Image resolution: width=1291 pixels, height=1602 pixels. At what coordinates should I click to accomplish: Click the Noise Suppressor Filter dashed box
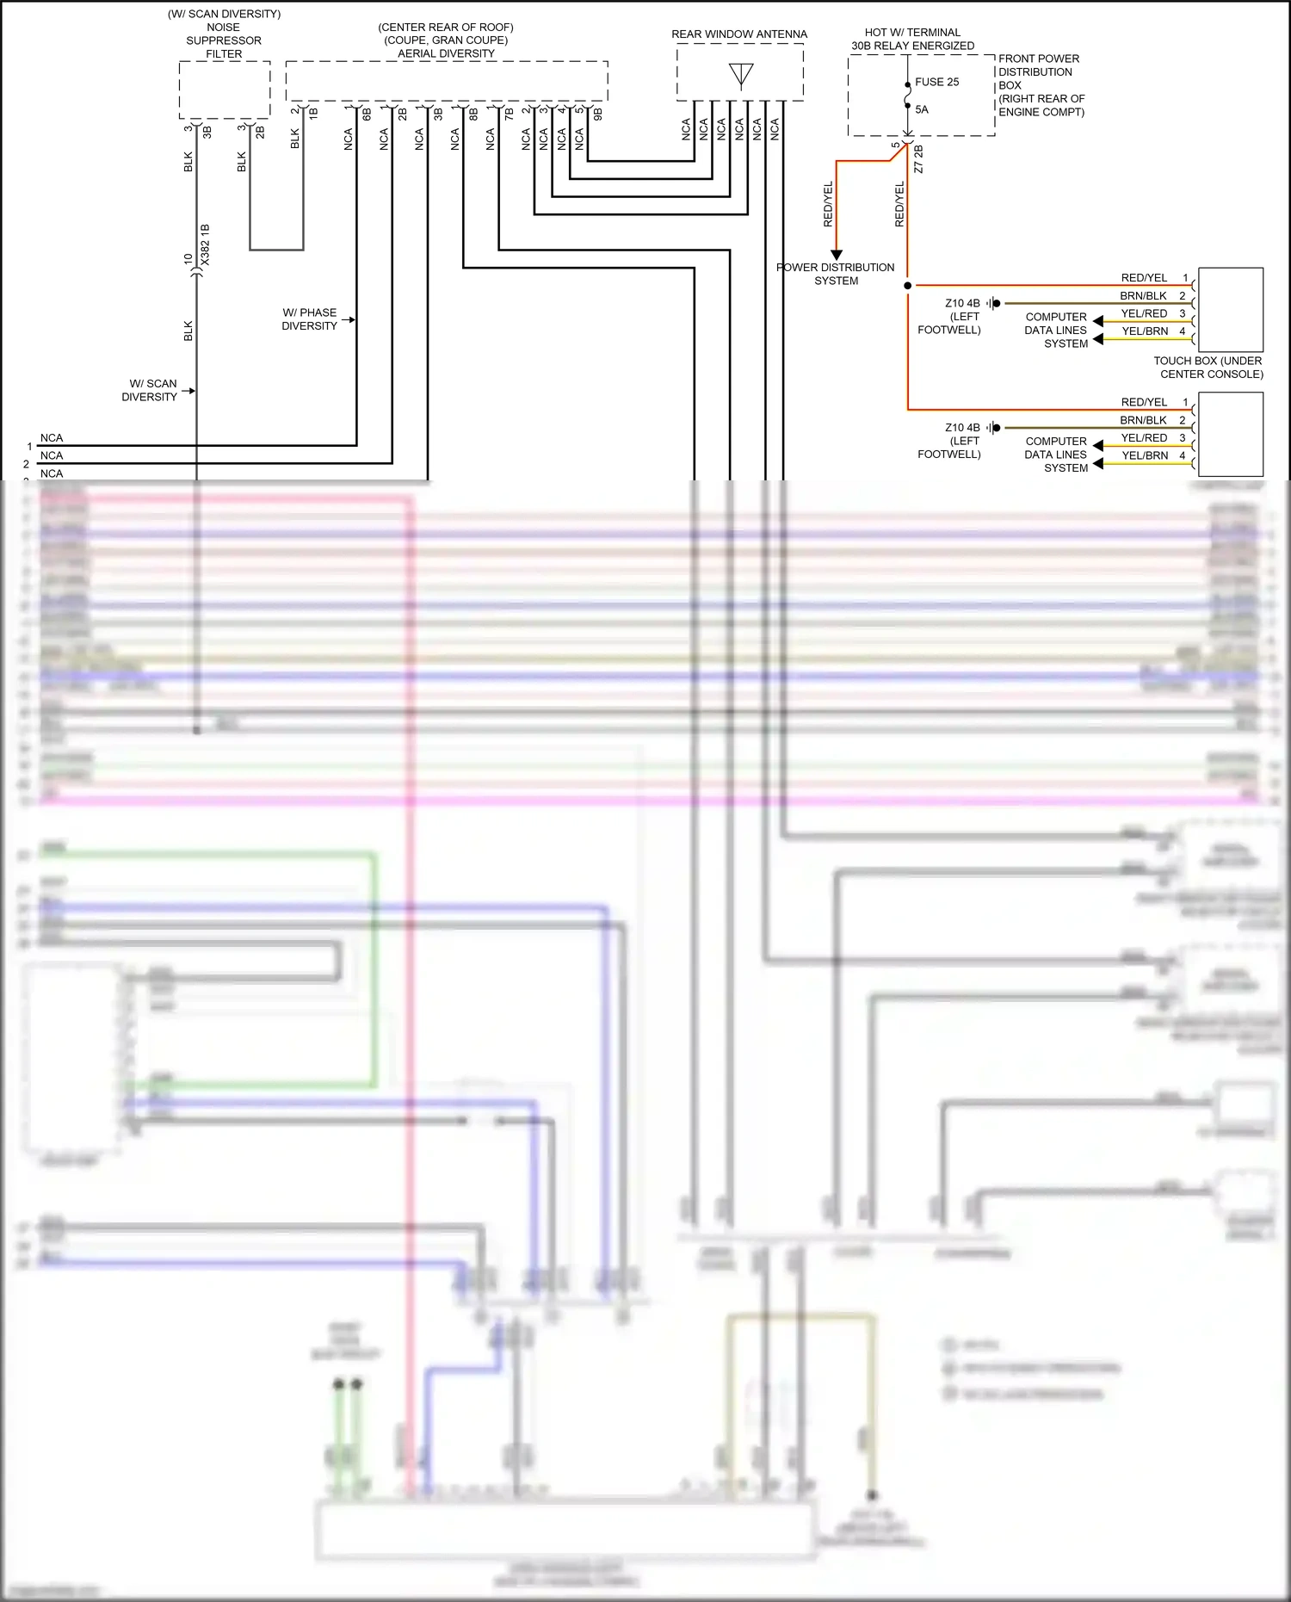click(x=224, y=90)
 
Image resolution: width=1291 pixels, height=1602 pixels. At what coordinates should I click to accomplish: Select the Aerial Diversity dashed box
click(x=446, y=81)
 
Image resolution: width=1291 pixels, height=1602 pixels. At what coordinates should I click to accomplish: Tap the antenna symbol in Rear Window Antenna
click(x=741, y=75)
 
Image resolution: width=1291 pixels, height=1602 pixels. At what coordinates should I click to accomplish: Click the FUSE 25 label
click(x=936, y=82)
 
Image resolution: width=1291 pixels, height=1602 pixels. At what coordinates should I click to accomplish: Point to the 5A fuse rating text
click(x=922, y=109)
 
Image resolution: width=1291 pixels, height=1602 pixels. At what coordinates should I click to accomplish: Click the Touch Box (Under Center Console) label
click(x=1208, y=368)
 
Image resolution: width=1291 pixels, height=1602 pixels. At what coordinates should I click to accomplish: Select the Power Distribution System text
click(x=836, y=274)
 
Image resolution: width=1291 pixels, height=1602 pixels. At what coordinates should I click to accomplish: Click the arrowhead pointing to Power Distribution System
click(x=837, y=255)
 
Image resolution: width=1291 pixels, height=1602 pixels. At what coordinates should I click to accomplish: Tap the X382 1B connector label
click(x=205, y=244)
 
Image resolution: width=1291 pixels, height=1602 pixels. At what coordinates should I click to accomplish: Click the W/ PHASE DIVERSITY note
click(x=310, y=319)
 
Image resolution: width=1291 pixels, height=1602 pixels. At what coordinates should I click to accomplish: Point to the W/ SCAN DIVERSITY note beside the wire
click(x=150, y=390)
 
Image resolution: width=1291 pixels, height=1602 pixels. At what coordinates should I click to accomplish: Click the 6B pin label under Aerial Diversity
click(x=367, y=114)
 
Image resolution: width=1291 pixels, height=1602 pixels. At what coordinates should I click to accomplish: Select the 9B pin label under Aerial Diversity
click(x=598, y=114)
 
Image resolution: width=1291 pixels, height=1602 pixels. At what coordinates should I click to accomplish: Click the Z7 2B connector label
click(x=918, y=159)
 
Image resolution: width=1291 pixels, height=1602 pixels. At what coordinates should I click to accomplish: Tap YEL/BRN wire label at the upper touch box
click(x=1145, y=331)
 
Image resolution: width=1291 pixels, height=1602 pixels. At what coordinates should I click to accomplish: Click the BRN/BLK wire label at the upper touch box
click(x=1143, y=296)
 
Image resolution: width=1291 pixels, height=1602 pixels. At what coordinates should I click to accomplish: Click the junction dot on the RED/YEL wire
click(x=908, y=285)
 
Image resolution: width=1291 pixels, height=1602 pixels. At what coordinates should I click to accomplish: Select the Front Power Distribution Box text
click(x=1041, y=85)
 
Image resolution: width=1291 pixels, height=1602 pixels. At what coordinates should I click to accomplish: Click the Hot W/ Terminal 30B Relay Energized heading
click(x=912, y=39)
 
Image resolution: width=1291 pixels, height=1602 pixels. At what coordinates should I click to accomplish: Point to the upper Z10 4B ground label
click(x=962, y=303)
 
